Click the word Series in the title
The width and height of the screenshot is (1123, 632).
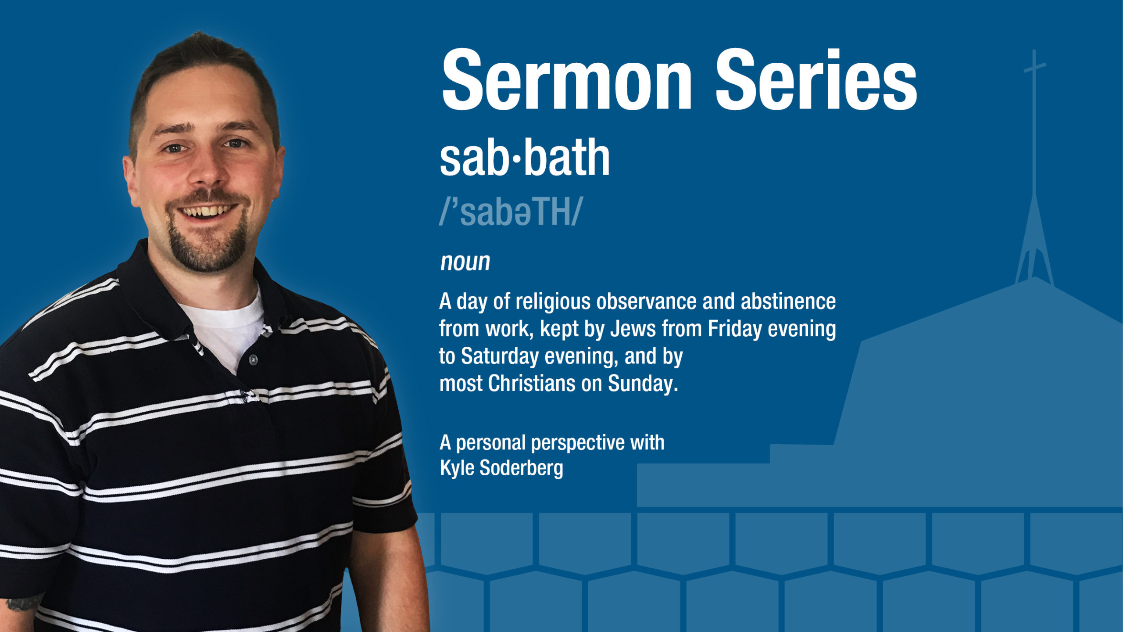[x=816, y=80]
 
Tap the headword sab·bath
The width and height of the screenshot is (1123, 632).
[x=525, y=157]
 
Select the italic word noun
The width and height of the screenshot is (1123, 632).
[x=465, y=262]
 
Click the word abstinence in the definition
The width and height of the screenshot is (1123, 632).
[x=788, y=301]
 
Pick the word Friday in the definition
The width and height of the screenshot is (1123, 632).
[x=735, y=329]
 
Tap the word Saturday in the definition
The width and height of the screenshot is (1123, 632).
[x=500, y=356]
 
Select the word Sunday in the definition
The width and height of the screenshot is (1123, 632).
[x=643, y=384]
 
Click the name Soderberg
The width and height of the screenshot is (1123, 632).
[x=521, y=468]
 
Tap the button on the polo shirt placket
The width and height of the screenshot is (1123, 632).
[x=253, y=360]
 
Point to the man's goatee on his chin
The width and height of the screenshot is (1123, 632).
[x=207, y=246]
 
